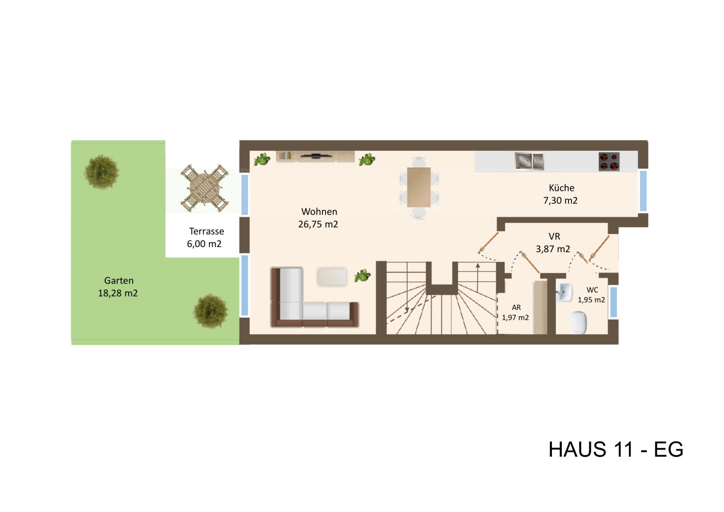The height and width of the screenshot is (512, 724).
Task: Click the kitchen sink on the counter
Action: (529, 161)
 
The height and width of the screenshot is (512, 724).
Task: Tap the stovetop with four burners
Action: (609, 162)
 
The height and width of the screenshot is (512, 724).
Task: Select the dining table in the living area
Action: (419, 187)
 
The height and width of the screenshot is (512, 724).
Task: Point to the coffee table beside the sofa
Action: (332, 277)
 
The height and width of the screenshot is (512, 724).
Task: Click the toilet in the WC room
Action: (578, 322)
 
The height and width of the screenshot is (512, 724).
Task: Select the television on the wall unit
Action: (315, 155)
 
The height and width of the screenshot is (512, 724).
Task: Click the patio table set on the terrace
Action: (205, 188)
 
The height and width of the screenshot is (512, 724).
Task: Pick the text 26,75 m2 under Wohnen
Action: (318, 224)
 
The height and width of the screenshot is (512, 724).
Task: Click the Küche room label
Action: (561, 188)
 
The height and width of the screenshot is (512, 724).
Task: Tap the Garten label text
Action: (119, 281)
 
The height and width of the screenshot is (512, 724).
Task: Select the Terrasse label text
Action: (206, 231)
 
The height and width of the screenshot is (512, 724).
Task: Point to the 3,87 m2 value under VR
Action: (553, 249)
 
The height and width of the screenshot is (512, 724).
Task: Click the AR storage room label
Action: (516, 308)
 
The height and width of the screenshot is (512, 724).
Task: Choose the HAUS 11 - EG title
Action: (615, 449)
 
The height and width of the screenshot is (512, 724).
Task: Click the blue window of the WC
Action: (613, 302)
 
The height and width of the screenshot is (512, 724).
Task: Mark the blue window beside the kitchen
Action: (643, 191)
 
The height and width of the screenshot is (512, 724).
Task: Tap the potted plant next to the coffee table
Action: (363, 275)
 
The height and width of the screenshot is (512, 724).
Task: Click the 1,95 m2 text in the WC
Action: (591, 300)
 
